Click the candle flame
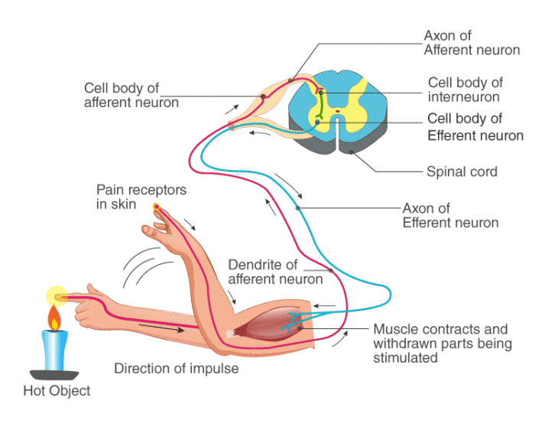click(x=53, y=315)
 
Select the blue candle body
click(x=54, y=349)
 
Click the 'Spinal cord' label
click(x=462, y=171)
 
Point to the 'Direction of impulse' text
click(x=176, y=368)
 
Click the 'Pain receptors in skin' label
click(x=141, y=197)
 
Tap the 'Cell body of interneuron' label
click(x=465, y=90)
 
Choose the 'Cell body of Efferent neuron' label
click(x=475, y=127)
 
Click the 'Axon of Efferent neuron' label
click(x=450, y=215)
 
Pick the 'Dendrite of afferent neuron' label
click(x=275, y=272)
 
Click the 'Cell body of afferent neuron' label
click(x=131, y=95)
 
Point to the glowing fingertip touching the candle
click(x=56, y=295)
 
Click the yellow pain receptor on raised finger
click(x=156, y=207)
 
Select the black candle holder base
click(x=54, y=375)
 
